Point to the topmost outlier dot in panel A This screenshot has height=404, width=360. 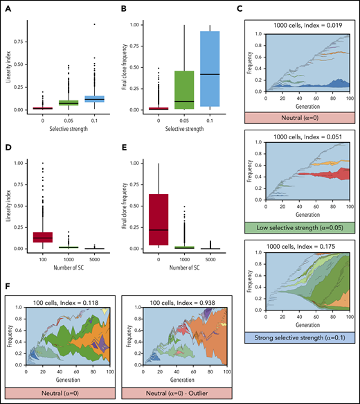(94, 24)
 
